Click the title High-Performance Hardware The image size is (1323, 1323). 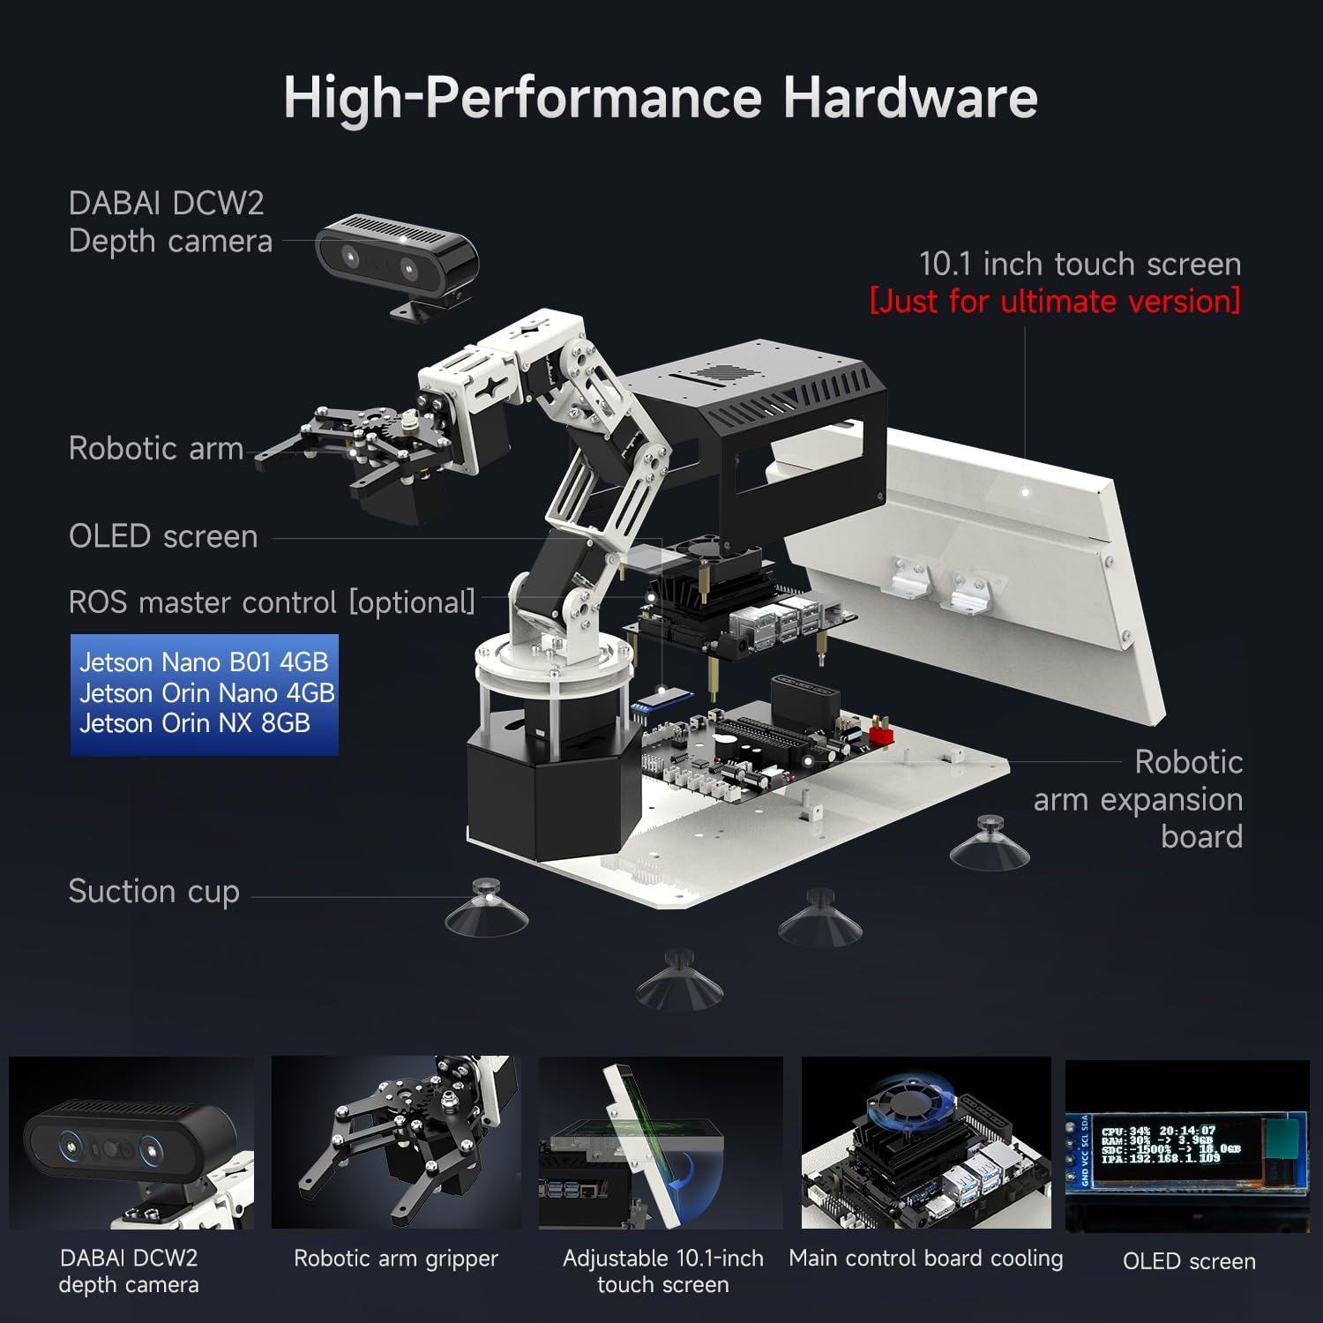(660, 97)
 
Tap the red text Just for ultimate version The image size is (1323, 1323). (1055, 301)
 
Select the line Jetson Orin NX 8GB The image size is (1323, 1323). (195, 723)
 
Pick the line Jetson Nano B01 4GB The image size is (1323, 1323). (203, 661)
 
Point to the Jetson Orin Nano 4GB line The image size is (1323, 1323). (206, 692)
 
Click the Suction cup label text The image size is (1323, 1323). (153, 892)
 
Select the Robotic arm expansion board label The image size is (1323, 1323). (1138, 799)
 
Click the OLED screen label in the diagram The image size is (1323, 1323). (163, 536)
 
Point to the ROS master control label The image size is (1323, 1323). (272, 602)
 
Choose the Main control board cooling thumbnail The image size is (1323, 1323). (926, 1142)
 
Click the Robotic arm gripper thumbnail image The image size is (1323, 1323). (395, 1142)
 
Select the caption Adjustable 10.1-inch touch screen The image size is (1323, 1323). (662, 1271)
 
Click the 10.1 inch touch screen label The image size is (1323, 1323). (1080, 264)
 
